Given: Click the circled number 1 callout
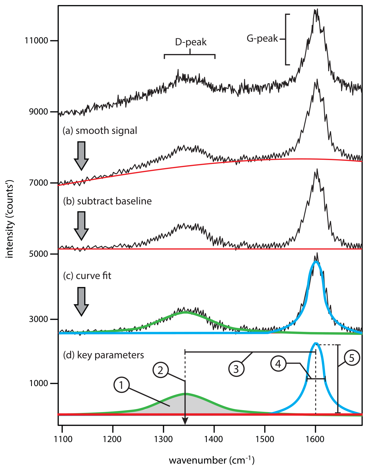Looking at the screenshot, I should pyautogui.click(x=121, y=385).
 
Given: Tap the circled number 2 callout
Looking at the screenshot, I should pyautogui.click(x=160, y=370).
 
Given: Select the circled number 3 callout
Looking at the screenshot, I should pyautogui.click(x=236, y=369).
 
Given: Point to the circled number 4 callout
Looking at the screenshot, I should pyautogui.click(x=278, y=364).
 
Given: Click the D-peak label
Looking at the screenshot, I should pyautogui.click(x=191, y=42).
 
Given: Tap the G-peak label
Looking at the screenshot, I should pyautogui.click(x=262, y=38).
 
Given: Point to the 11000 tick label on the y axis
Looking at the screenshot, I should pyautogui.click(x=36, y=41).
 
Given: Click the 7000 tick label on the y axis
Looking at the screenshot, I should pyautogui.click(x=39, y=183).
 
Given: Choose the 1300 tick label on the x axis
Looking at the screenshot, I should pyautogui.click(x=163, y=439).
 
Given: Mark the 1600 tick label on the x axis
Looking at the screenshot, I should pyautogui.click(x=315, y=439).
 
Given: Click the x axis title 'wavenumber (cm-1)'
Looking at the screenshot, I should pyautogui.click(x=212, y=460).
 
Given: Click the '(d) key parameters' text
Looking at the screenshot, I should pyautogui.click(x=104, y=355).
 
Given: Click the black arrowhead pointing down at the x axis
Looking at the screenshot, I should pyautogui.click(x=185, y=421).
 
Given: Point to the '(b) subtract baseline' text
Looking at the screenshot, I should pyautogui.click(x=107, y=201).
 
